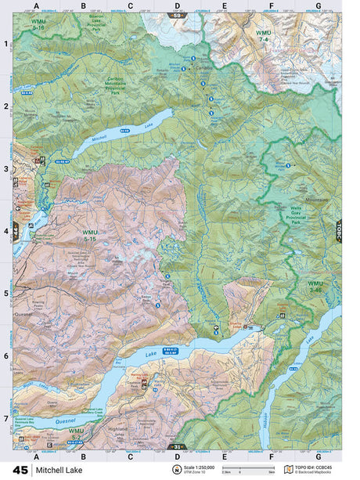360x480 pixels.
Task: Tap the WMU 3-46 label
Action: pos(315,286)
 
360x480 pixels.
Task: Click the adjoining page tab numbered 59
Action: pos(178,16)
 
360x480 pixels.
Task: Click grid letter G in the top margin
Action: pos(318,7)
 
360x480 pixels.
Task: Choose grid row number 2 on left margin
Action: pos(5,106)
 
